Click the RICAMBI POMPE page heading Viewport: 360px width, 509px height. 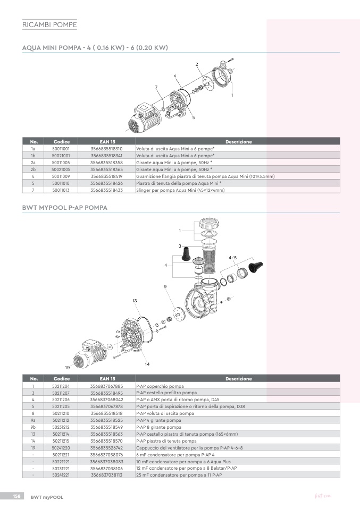(49, 24)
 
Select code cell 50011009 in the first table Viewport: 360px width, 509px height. (61, 176)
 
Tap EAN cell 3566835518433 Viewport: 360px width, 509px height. (106, 190)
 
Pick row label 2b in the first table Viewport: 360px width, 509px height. (33, 169)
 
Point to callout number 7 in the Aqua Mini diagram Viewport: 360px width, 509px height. (156, 87)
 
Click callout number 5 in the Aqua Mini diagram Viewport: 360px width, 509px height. (194, 117)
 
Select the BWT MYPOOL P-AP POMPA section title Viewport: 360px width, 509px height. (65, 207)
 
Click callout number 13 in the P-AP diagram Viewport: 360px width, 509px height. (135, 301)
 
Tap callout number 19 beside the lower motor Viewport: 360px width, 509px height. (67, 368)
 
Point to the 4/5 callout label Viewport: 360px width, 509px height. (232, 258)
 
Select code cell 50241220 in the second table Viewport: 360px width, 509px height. (61, 448)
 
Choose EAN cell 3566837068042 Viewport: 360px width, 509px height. (106, 400)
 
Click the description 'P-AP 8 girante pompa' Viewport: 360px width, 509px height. (158, 427)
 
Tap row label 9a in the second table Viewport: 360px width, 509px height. (33, 420)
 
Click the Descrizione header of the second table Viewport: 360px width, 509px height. (238, 378)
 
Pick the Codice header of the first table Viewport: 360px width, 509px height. (61, 141)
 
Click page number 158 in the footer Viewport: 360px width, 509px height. (16, 496)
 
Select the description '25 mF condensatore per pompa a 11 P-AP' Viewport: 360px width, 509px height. (179, 475)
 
